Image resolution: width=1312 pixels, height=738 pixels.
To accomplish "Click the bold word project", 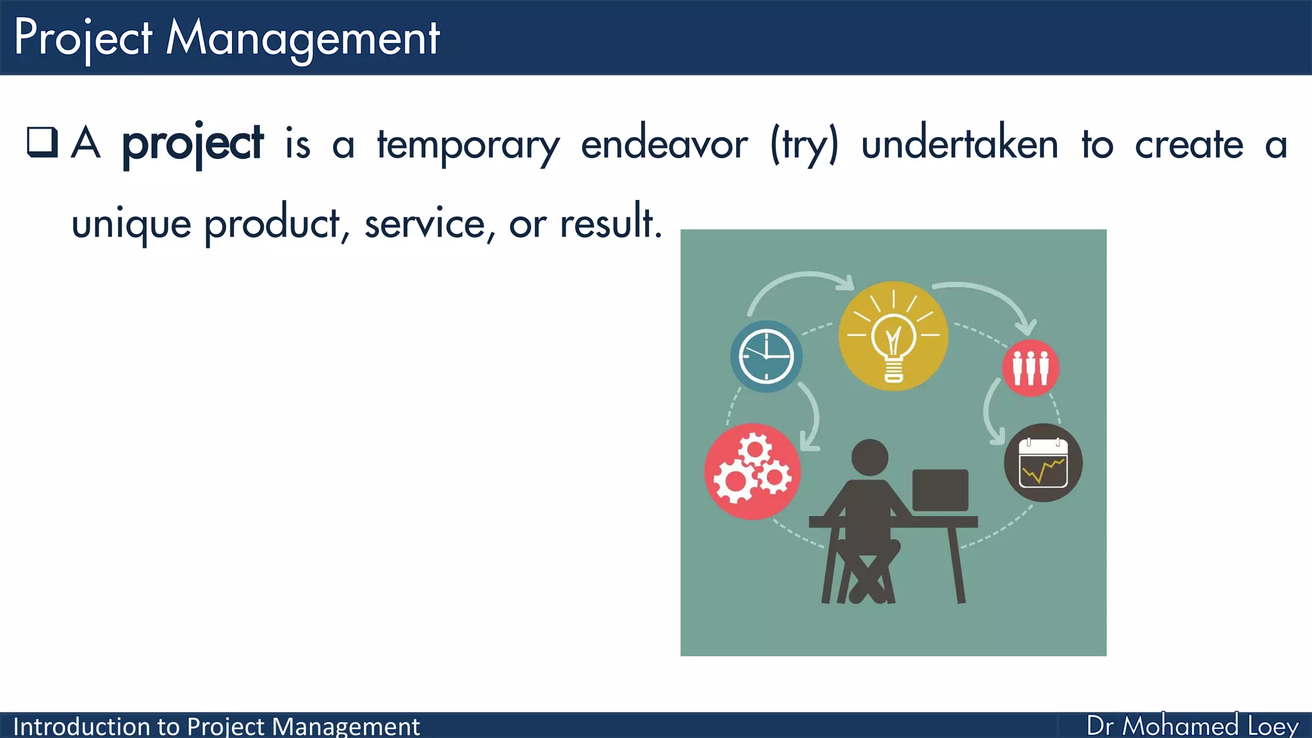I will pos(192,144).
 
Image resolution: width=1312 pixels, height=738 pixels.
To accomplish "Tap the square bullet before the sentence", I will pos(42,142).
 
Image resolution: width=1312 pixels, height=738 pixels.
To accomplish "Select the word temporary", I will pos(468,145).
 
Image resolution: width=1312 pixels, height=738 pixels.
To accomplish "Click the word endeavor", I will pos(664,143).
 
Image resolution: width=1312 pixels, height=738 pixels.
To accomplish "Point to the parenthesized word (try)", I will pos(804,145).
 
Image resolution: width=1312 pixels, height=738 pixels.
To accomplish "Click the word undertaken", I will pos(959,143).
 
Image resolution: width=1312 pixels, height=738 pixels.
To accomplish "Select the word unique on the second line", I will pos(131,225).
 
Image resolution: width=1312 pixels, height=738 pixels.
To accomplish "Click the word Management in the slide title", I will pos(302,38).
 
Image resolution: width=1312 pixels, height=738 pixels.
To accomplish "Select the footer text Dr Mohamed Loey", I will pos(1192,725).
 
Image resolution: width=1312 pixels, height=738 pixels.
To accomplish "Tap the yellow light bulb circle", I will pos(893,336).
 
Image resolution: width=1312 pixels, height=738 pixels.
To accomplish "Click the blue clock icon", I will pos(766,356).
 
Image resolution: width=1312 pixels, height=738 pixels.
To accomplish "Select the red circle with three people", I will pos(1030,368).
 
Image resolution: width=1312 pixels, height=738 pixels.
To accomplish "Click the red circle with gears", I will pos(753,471).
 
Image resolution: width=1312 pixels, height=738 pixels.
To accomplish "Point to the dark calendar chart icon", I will pos(1043,463).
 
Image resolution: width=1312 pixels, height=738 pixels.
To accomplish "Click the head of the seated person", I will pos(869,457).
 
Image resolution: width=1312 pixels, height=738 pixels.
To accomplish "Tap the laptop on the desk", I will pos(940,490).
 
